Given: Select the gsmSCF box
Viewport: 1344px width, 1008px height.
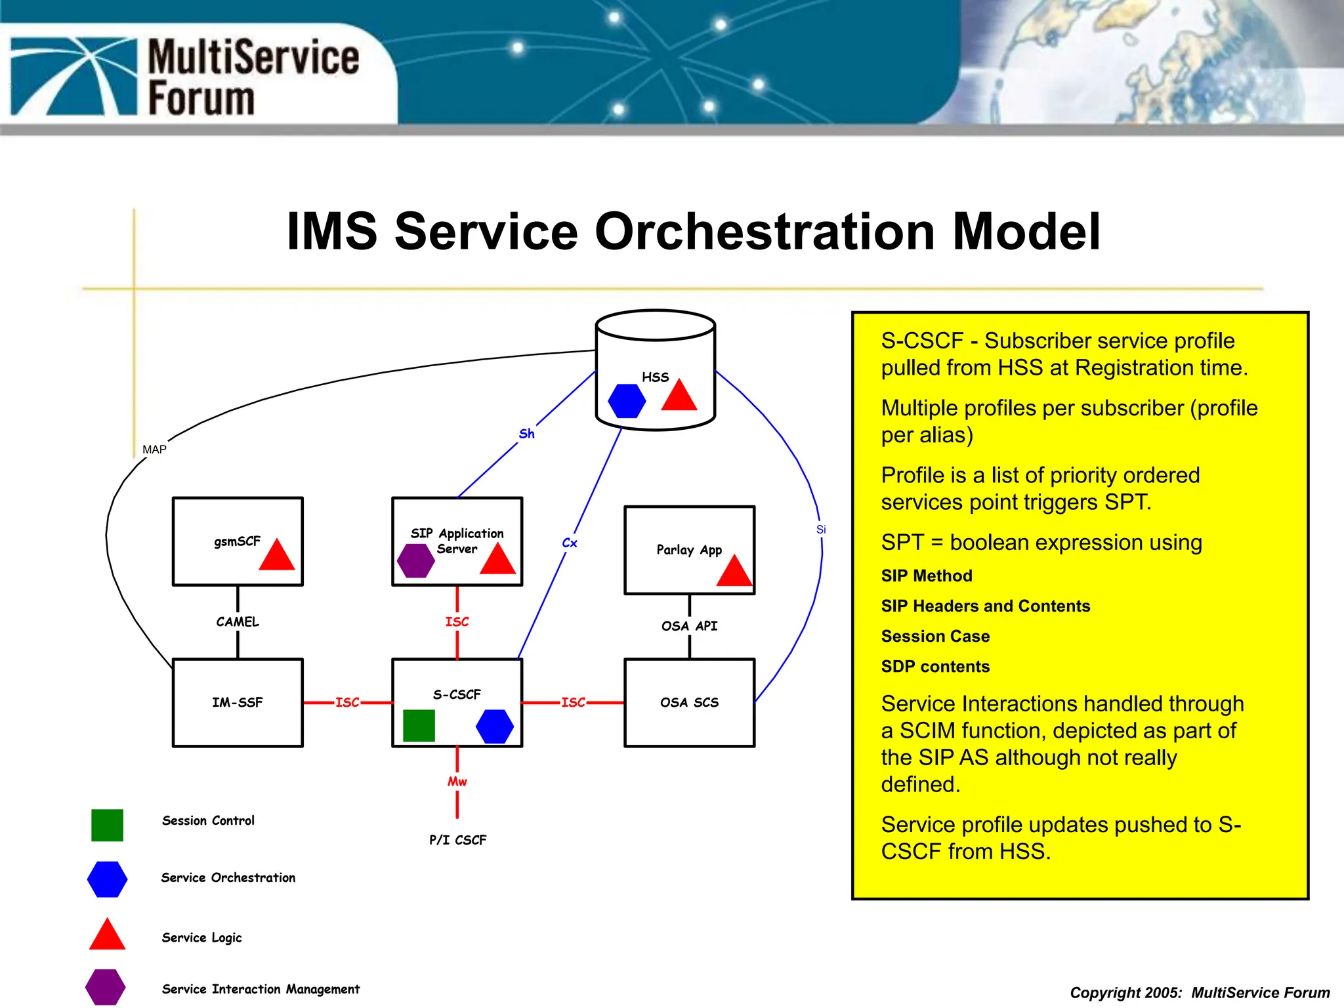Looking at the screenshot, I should coord(237,541).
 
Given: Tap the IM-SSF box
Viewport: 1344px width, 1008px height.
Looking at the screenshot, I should coord(237,702).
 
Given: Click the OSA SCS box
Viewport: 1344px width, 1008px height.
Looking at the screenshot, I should coord(689,702).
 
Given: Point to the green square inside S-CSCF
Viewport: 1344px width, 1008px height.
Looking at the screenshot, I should coord(419,725).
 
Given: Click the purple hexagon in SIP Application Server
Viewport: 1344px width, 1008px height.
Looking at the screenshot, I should coord(415,560).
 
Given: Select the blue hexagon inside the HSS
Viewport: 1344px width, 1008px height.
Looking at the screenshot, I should coord(627,400).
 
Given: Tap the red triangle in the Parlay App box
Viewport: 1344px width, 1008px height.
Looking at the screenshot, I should coord(734,571).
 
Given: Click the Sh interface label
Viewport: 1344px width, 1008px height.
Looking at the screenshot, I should coord(526,434).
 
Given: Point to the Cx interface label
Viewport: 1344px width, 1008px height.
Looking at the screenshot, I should coord(570,543).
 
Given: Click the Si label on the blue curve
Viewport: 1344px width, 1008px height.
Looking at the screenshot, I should coord(821,529).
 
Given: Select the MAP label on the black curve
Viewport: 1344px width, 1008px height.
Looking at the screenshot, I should coord(154,450).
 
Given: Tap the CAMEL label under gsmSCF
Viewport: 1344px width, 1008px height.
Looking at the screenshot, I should coord(238,621).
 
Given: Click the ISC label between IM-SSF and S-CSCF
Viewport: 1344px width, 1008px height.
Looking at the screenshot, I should coord(347,702).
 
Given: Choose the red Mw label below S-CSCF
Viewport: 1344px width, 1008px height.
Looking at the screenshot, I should coord(457,782).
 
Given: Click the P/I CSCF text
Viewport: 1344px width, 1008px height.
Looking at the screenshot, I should coord(457,840).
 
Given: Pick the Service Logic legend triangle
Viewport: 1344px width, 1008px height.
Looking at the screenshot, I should coord(107,936).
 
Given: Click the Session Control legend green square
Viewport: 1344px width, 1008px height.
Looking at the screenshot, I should coord(107,825).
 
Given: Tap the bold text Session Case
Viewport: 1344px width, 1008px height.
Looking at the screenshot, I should coord(935,636).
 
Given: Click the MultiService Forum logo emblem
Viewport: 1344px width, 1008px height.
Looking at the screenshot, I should coord(73,76).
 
